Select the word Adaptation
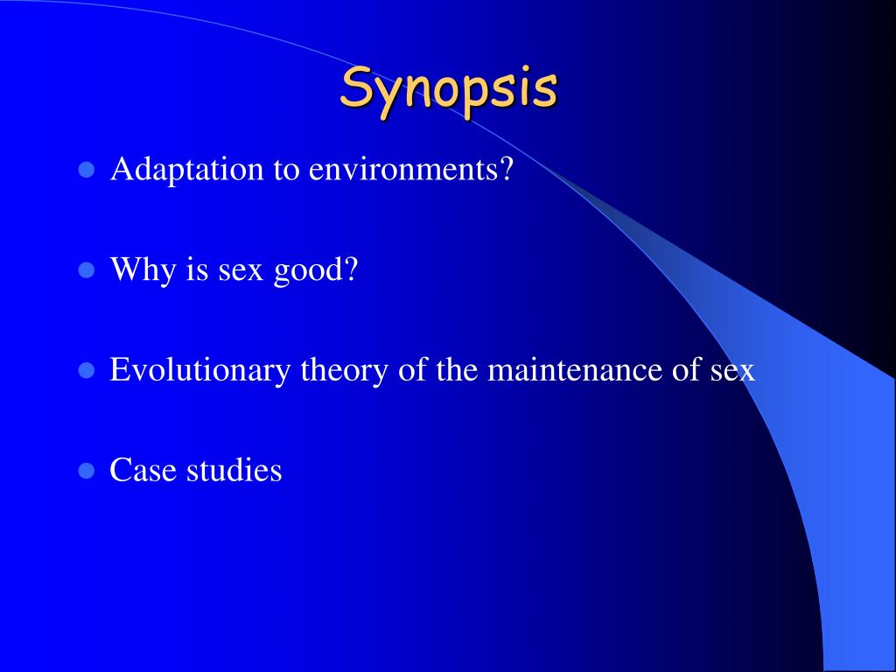click(187, 170)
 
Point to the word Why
click(143, 269)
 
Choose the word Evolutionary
click(199, 370)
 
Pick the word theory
click(344, 370)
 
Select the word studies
click(234, 470)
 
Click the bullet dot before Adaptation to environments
click(86, 170)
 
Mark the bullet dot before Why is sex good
click(86, 269)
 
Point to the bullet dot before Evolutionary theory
click(86, 370)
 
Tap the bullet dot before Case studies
click(86, 470)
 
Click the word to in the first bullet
click(286, 171)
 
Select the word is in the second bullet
click(197, 269)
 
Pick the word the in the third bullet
click(457, 370)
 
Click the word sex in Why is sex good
click(241, 272)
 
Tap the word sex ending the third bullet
click(732, 372)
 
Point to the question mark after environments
click(507, 170)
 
